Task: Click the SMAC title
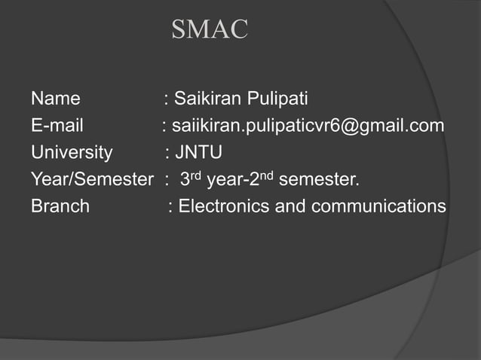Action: tap(210, 29)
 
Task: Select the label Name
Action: tap(56, 99)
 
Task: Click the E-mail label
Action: tap(57, 126)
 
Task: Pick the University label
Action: tap(72, 153)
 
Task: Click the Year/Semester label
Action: tap(91, 180)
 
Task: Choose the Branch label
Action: tap(60, 206)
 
